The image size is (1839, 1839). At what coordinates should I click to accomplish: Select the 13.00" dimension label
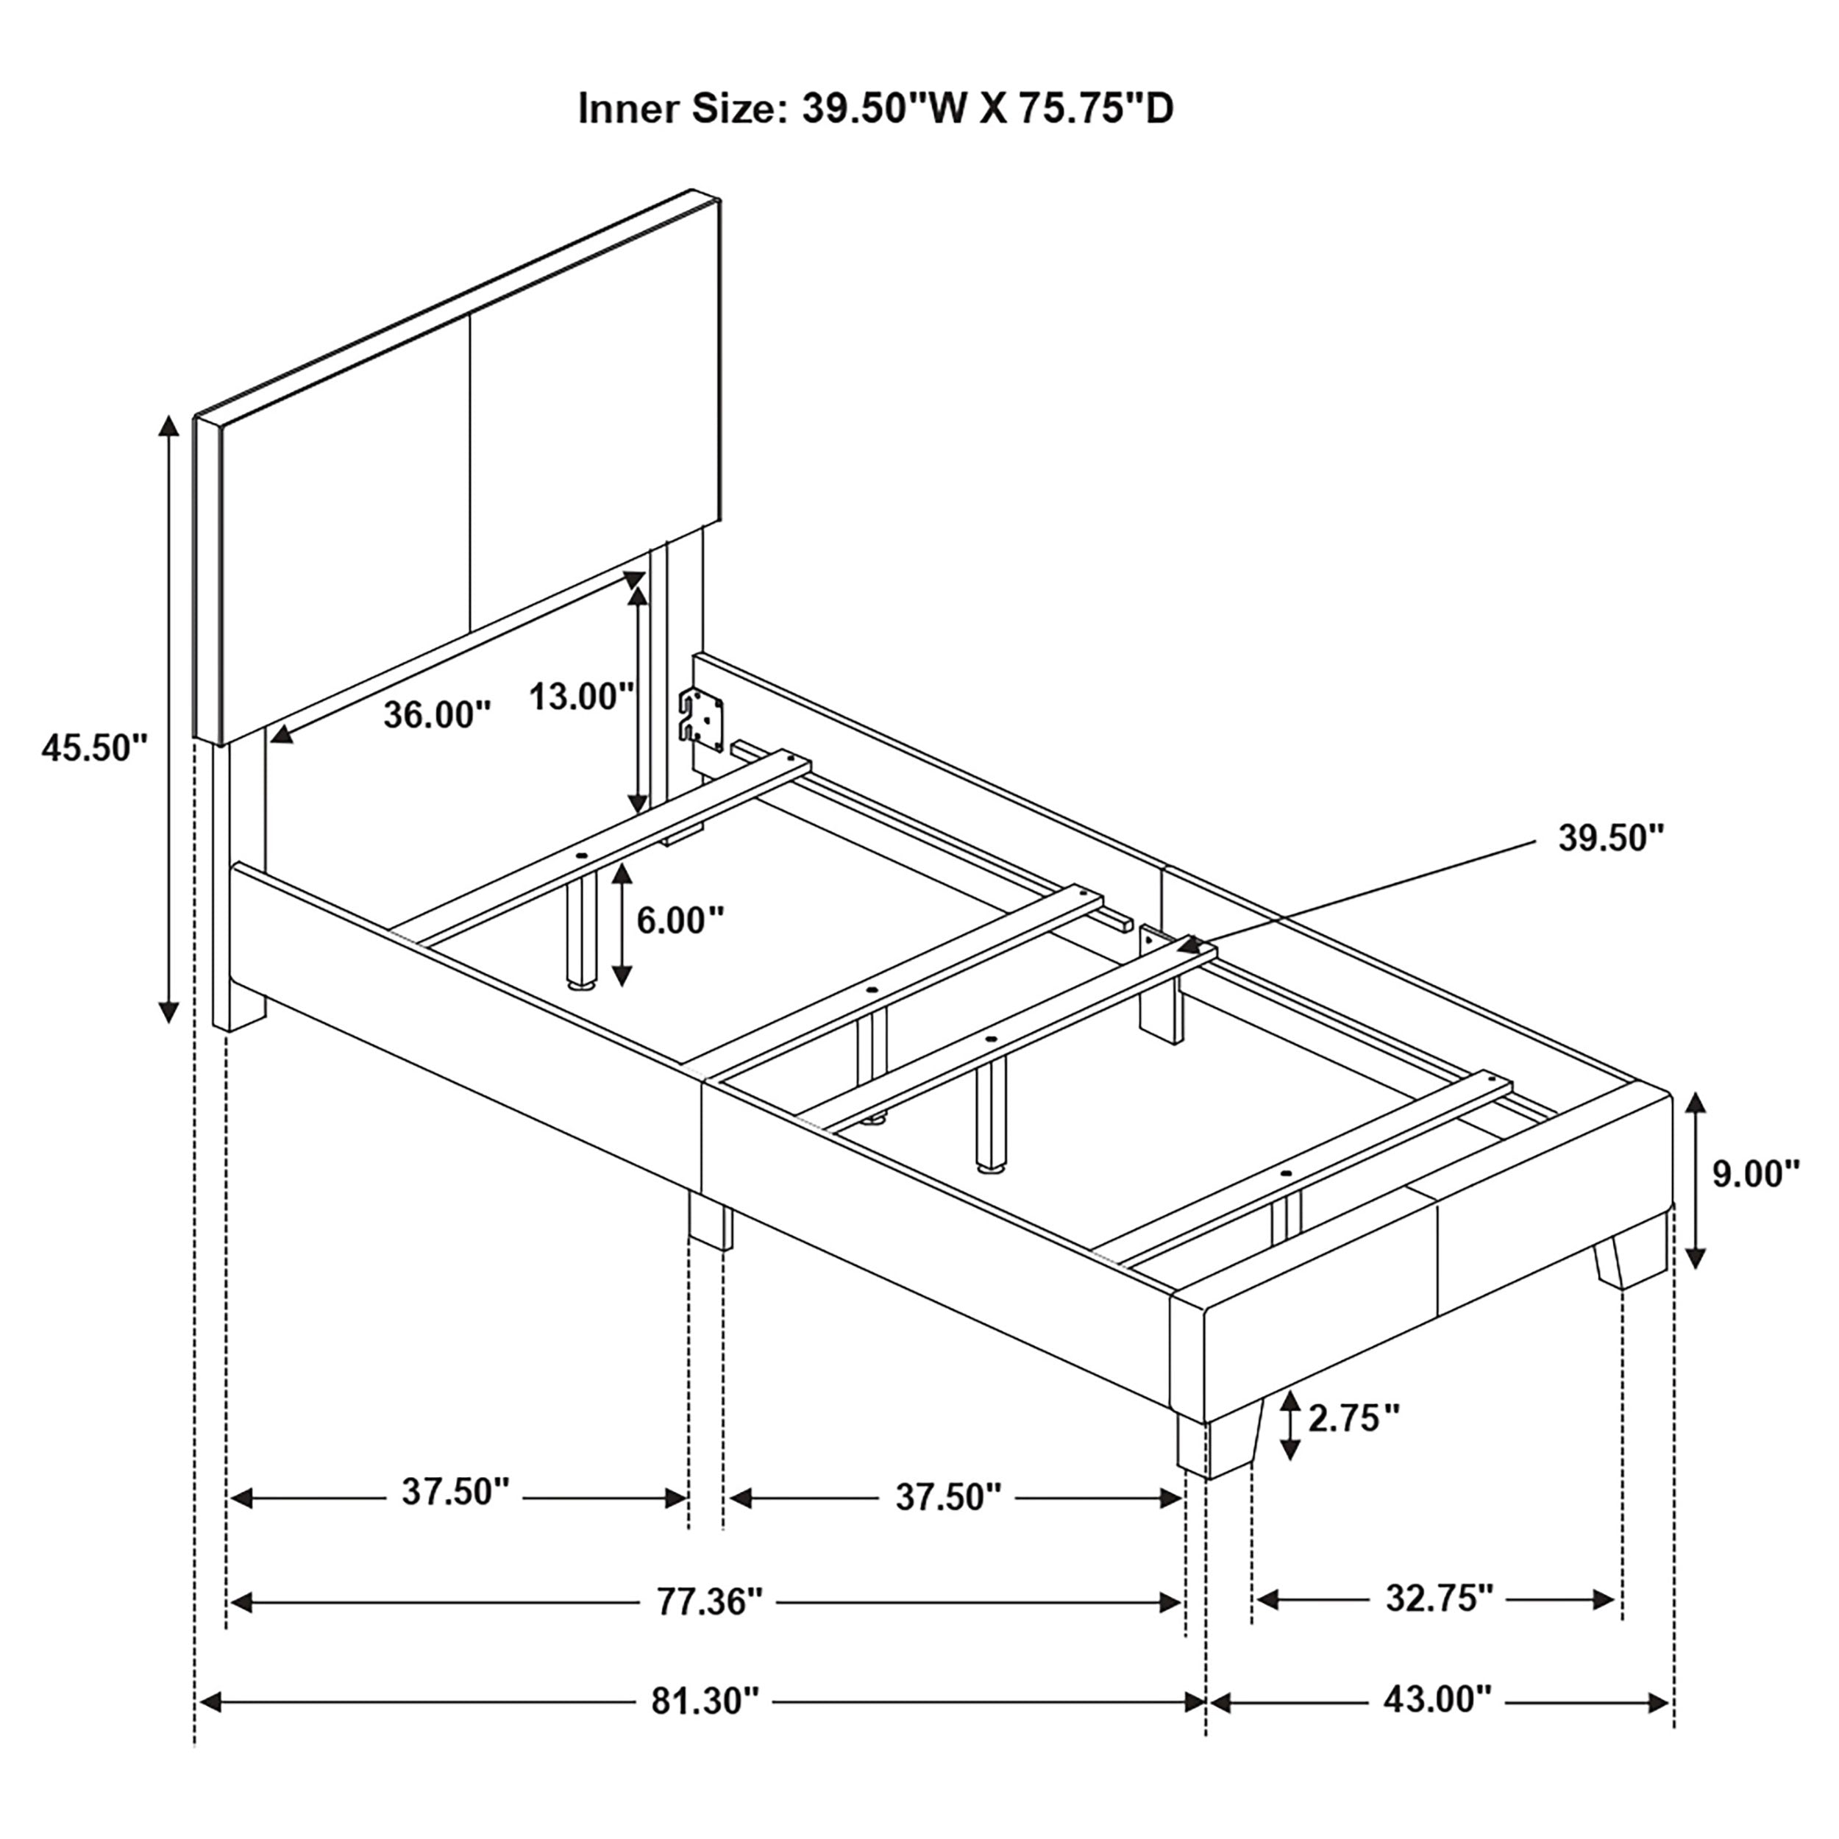coord(582,696)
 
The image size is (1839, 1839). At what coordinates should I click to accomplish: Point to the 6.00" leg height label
coord(680,919)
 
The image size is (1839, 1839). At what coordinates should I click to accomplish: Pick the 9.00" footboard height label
coord(1756,1173)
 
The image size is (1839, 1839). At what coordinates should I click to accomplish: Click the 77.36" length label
coord(710,1602)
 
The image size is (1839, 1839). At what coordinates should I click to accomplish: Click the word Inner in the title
coord(628,109)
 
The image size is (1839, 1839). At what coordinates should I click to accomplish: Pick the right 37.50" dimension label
coord(948,1497)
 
